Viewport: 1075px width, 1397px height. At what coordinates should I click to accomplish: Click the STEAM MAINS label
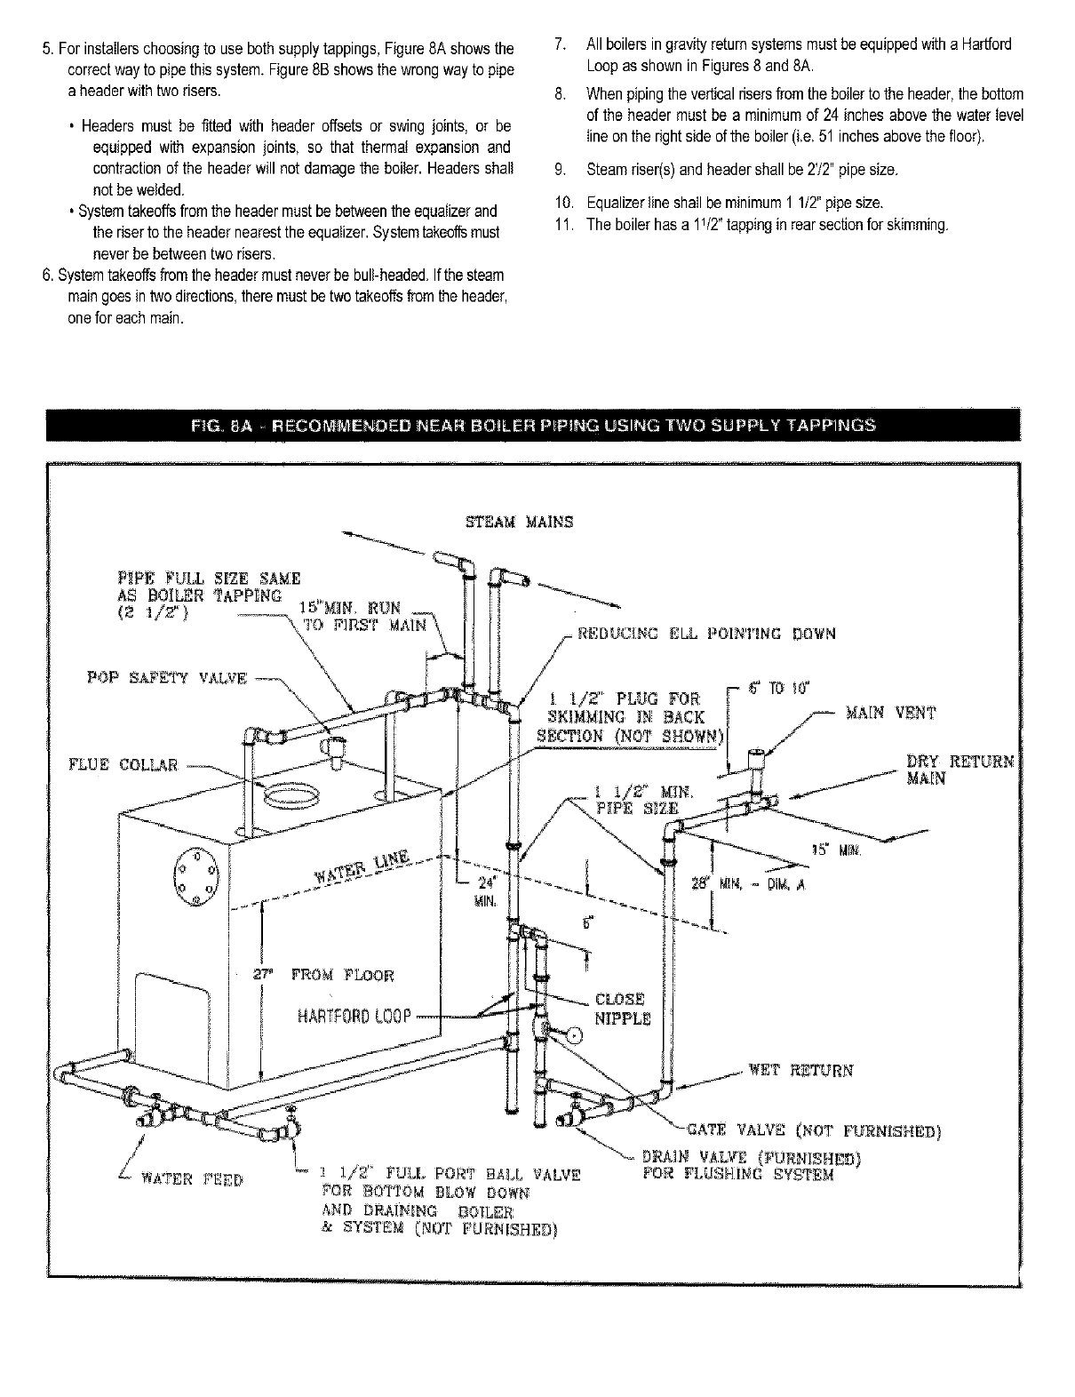(x=520, y=522)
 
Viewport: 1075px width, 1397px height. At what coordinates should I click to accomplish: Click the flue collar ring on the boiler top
(x=291, y=792)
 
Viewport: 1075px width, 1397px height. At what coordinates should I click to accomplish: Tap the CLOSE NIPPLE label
(x=621, y=1009)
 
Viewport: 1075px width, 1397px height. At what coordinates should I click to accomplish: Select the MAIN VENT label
(x=891, y=713)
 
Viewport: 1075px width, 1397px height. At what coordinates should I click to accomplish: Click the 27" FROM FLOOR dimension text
(x=323, y=975)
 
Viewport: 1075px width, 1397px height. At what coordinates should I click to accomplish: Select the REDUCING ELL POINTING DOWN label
(x=706, y=634)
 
